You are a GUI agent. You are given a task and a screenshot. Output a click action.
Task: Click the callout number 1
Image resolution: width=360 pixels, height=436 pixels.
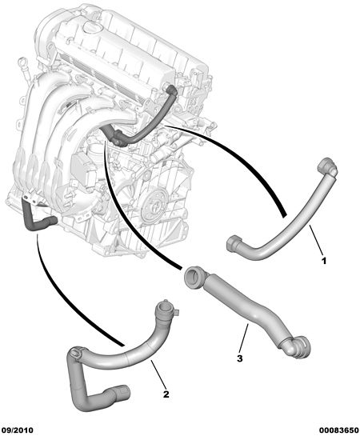coord(323,261)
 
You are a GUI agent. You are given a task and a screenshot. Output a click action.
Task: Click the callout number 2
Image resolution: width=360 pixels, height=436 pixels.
coord(166,394)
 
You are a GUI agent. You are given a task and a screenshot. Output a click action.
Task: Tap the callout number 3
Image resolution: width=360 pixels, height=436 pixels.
coord(240,358)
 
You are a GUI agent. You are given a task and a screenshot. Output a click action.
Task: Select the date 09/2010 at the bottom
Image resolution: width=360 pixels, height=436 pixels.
coord(18,430)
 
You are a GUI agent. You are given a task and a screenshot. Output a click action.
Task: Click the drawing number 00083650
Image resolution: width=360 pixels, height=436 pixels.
coord(338,430)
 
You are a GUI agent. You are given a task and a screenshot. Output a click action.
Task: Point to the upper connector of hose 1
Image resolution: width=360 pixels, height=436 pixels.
coord(328,167)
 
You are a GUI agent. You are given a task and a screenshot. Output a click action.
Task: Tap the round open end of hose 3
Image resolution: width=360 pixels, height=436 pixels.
coord(194,277)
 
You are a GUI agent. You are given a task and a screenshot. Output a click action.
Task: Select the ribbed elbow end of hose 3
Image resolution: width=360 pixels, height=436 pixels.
coord(298,346)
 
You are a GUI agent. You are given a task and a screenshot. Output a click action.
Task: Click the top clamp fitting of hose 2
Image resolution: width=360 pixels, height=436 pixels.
coord(166,310)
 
